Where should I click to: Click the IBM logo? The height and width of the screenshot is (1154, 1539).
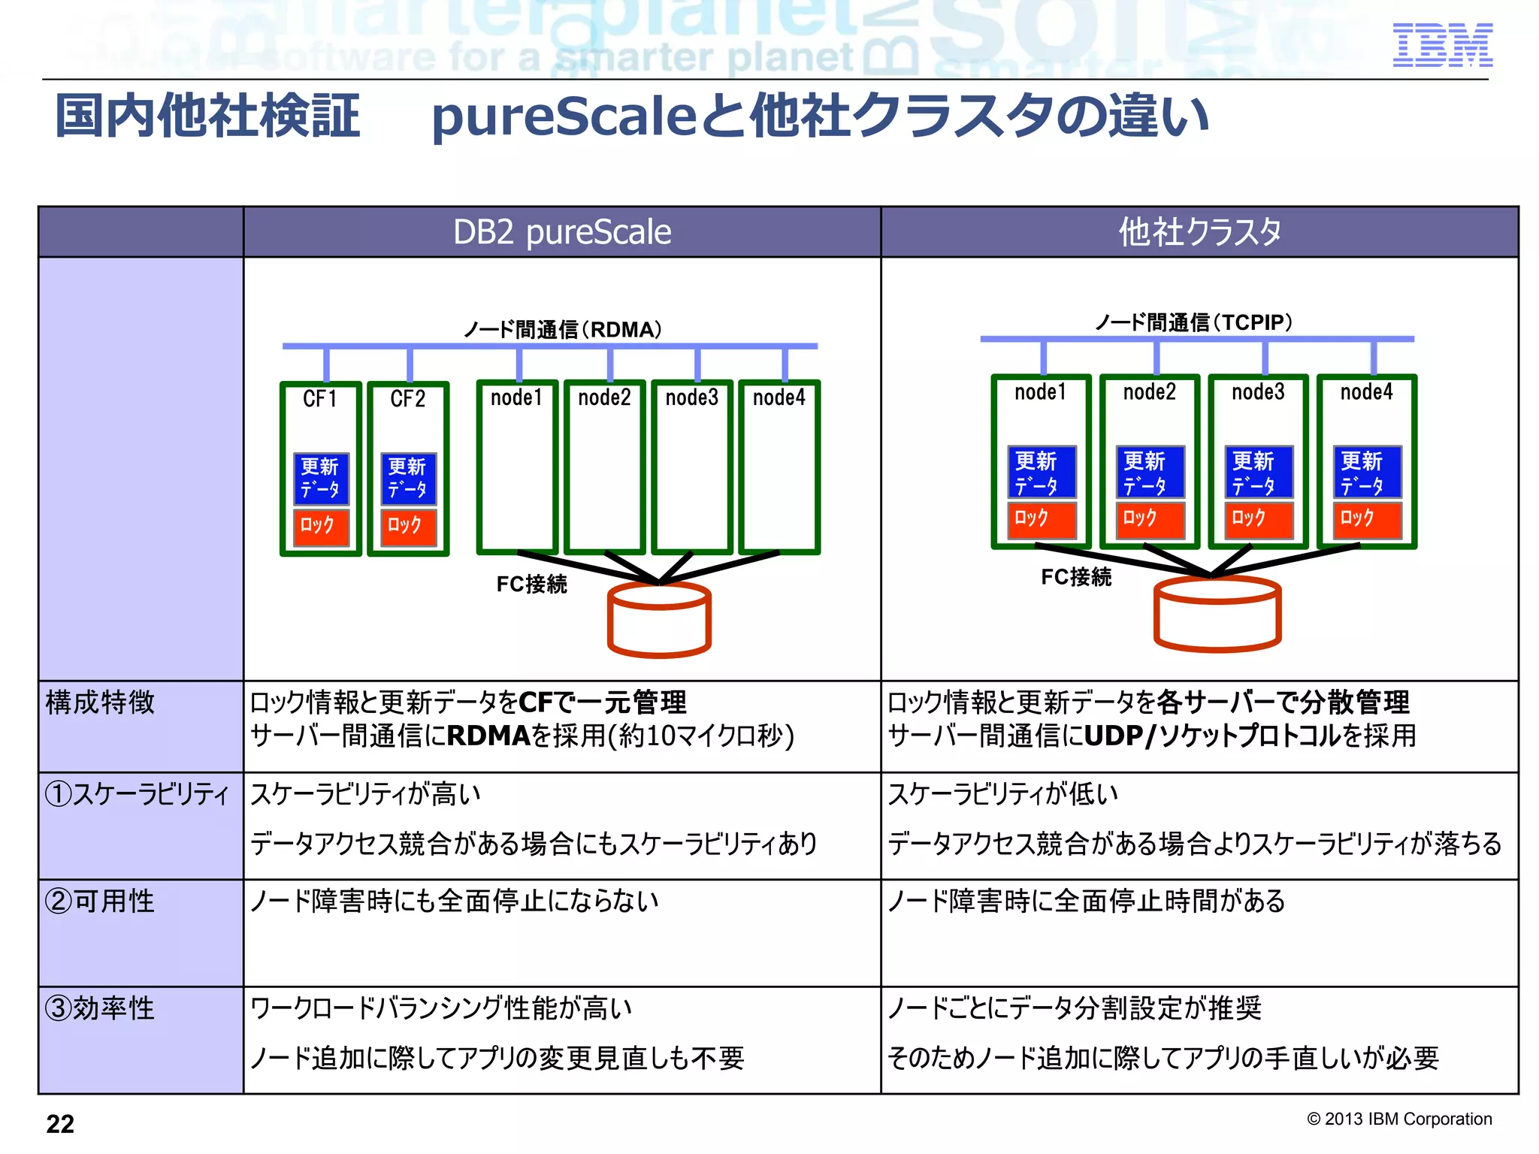[x=1442, y=45]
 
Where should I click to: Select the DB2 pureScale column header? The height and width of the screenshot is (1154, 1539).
[x=561, y=232]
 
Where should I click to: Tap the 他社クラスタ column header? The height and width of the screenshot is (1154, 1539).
[x=1199, y=232]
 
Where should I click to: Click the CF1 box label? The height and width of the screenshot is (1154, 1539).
[x=320, y=399]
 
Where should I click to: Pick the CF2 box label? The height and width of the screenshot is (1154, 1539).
[x=407, y=399]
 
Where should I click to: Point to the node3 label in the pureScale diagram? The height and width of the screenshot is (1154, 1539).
[x=691, y=397]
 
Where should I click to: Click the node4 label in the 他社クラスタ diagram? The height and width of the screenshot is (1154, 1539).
[x=1366, y=392]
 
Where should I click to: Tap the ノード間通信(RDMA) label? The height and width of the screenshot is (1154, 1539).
[x=562, y=330]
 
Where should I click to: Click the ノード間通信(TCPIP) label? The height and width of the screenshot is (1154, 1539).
[x=1193, y=323]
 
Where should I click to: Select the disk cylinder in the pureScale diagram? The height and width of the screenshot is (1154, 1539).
[x=659, y=621]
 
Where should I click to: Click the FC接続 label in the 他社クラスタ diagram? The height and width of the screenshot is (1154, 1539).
[x=1075, y=577]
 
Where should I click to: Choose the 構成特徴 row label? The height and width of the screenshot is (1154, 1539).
[x=100, y=702]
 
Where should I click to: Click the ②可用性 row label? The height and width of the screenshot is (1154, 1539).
[x=100, y=901]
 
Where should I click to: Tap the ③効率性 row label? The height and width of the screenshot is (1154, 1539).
[x=100, y=1008]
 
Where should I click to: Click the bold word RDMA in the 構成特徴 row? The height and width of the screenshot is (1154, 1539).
[x=489, y=736]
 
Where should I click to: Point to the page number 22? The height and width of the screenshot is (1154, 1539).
[x=60, y=1124]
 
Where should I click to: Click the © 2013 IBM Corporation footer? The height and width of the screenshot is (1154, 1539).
[x=1399, y=1119]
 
